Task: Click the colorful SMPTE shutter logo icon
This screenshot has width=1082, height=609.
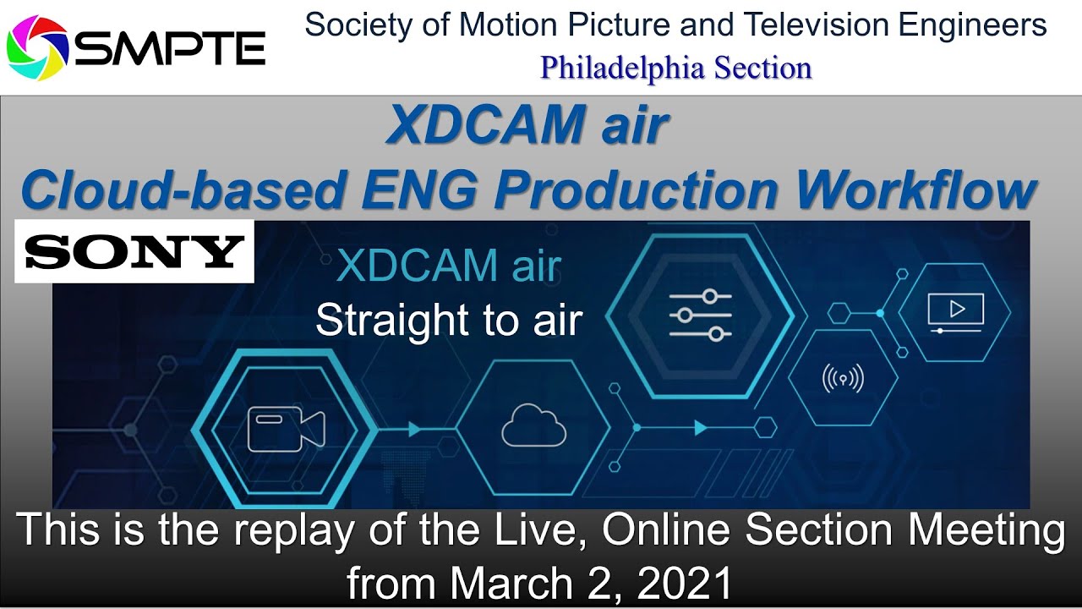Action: (36, 48)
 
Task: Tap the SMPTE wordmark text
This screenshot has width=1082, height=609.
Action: (170, 49)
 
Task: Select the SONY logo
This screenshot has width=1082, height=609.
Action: (134, 251)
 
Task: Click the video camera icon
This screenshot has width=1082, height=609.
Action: (286, 429)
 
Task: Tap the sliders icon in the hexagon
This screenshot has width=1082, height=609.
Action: (700, 315)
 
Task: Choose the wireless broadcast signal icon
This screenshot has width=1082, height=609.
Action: (843, 377)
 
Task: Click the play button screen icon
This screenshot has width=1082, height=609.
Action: (955, 311)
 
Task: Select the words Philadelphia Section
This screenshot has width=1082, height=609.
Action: (676, 68)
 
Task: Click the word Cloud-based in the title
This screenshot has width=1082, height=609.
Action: (183, 191)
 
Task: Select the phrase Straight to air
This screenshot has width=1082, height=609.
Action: (449, 321)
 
